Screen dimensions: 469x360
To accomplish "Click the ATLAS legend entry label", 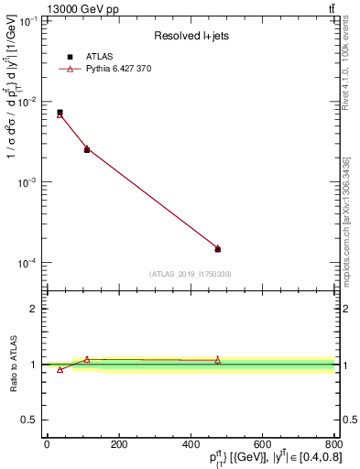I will [x=99, y=56].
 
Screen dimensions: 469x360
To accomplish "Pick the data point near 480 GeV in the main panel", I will [x=218, y=248].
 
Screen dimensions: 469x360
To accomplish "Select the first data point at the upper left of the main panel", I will [x=60, y=114].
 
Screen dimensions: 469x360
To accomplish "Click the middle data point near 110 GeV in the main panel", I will [x=87, y=148].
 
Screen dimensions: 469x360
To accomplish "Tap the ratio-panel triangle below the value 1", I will [x=60, y=369].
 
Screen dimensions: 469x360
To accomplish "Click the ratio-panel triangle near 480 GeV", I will [x=218, y=361].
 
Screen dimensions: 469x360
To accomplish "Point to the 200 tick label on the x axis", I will [x=118, y=444].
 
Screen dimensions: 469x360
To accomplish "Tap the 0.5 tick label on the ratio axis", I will [x=32, y=421].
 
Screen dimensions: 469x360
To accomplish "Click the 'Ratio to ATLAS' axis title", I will [x=13, y=364].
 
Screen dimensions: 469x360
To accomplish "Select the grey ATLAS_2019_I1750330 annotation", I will [x=191, y=274].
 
